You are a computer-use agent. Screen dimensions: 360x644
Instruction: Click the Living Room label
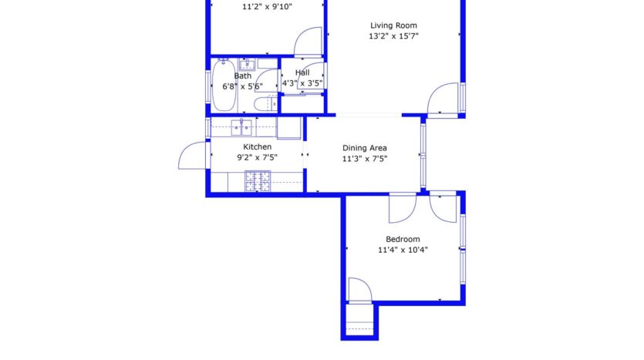pyautogui.click(x=393, y=25)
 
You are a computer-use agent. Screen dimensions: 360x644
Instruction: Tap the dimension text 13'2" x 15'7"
pyautogui.click(x=393, y=36)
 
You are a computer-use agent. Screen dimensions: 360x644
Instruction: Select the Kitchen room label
pyautogui.click(x=257, y=146)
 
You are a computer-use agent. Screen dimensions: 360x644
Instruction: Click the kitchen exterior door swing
pyautogui.click(x=192, y=156)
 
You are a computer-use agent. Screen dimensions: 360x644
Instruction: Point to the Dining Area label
pyautogui.click(x=364, y=148)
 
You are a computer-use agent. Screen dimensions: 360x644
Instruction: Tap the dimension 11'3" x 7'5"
pyautogui.click(x=364, y=159)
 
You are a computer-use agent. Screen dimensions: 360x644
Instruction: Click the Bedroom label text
pyautogui.click(x=403, y=239)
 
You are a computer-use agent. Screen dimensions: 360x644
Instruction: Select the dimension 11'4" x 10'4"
pyautogui.click(x=403, y=250)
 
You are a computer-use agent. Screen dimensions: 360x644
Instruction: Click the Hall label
pyautogui.click(x=302, y=72)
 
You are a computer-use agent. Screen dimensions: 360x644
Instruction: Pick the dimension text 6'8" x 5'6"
pyautogui.click(x=242, y=86)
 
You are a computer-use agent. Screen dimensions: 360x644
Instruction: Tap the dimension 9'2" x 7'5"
pyautogui.click(x=257, y=157)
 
